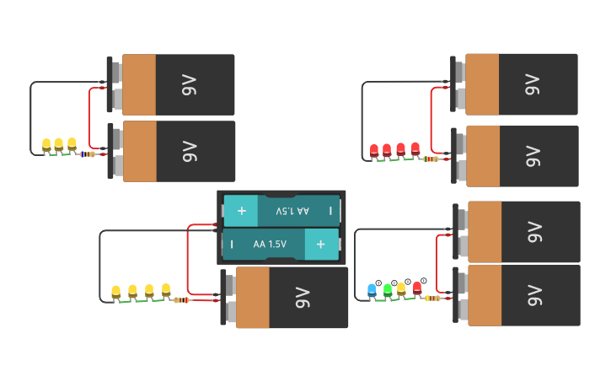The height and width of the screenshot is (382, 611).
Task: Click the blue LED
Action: (x=372, y=290)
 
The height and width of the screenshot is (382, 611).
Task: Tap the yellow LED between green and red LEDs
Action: (x=401, y=288)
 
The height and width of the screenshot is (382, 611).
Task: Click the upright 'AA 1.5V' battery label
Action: (x=270, y=244)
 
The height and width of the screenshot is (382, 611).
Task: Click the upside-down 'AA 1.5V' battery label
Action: (x=292, y=211)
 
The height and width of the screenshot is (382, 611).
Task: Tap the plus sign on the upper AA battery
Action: (x=241, y=211)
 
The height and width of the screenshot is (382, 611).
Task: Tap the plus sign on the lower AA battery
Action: (x=320, y=244)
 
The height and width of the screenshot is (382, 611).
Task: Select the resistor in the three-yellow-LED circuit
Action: (x=88, y=154)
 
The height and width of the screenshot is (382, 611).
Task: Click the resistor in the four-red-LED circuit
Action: (x=431, y=159)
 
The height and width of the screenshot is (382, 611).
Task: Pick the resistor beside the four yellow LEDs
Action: (x=181, y=300)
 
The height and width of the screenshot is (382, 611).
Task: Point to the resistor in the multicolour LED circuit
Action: (x=432, y=298)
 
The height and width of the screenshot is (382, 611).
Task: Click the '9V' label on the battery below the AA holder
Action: (x=303, y=298)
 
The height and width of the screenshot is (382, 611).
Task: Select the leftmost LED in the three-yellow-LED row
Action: (x=46, y=145)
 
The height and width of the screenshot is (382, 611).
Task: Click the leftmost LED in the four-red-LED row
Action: (x=374, y=150)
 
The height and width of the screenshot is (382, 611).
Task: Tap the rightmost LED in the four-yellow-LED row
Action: (x=166, y=290)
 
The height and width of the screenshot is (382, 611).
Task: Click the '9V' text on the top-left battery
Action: (x=189, y=84)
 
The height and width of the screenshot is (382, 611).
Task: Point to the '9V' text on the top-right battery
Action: (x=532, y=84)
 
